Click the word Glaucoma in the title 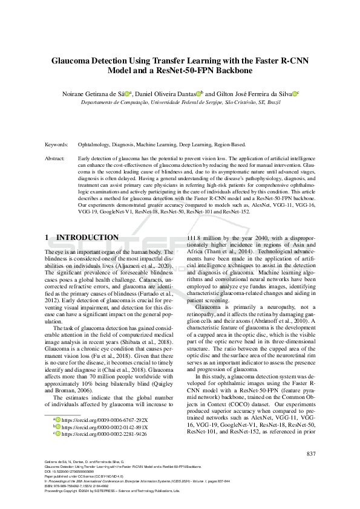[73, 60]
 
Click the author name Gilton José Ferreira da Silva [255, 94]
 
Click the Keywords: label [56, 145]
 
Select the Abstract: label [56, 158]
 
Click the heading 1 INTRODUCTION [82, 238]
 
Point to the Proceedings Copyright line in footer [113, 491]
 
